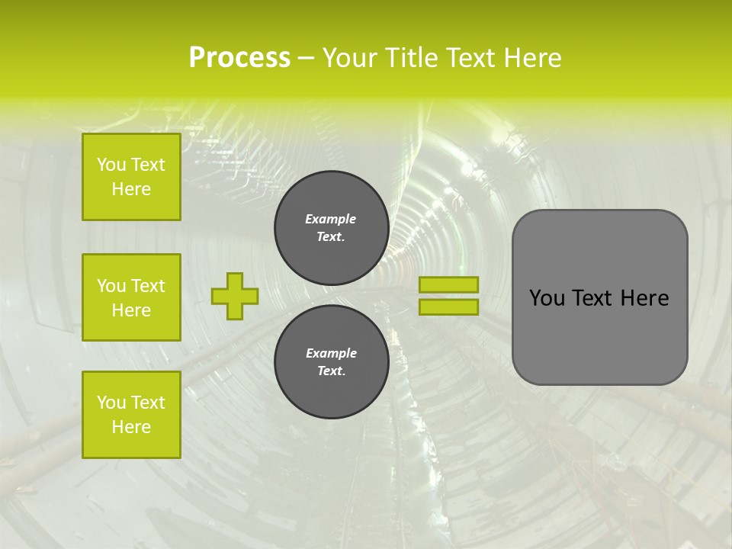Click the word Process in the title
point(239,58)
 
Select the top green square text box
point(131,177)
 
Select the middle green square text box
point(131,297)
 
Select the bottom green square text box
point(131,415)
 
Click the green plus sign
point(234,296)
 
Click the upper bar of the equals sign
point(448,284)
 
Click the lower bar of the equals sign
point(448,307)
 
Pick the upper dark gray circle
point(331,228)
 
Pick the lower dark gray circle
point(331,362)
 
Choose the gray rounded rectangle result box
point(599,297)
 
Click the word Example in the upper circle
point(331,219)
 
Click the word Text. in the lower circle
point(331,371)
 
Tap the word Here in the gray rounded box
point(644,298)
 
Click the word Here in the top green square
point(131,189)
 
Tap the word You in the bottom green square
point(111,403)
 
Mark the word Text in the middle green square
point(148,286)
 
